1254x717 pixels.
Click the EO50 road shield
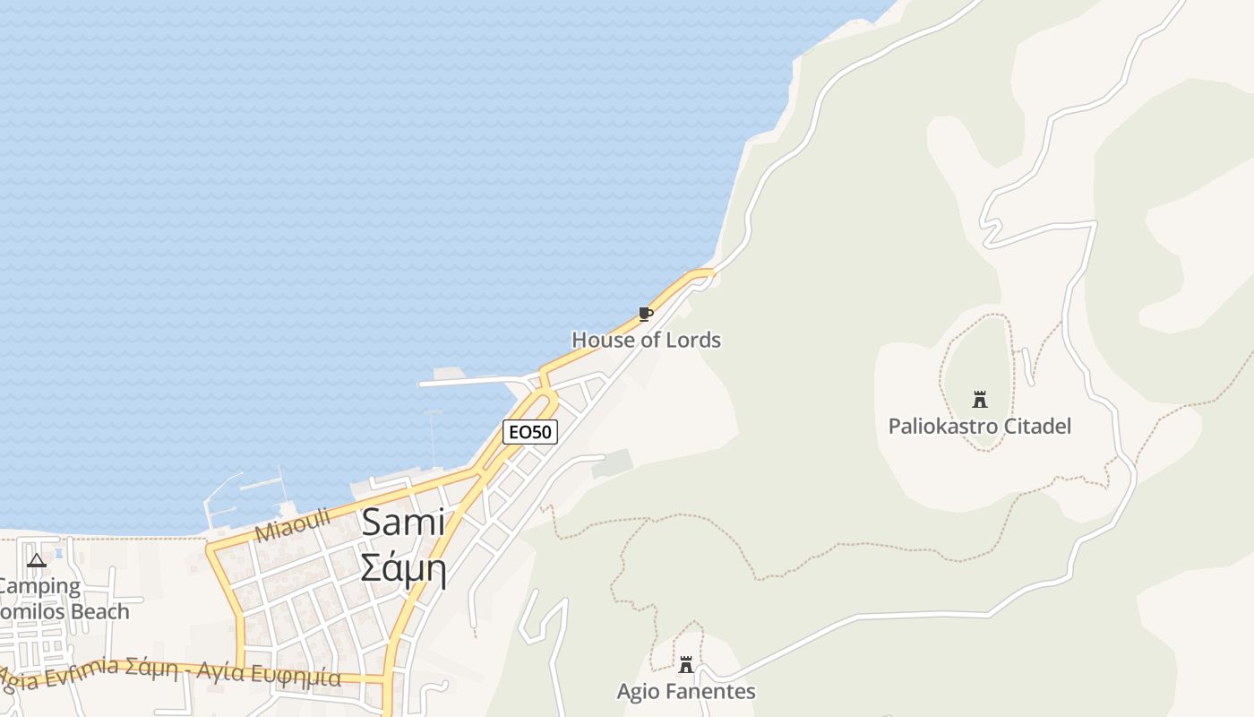530,432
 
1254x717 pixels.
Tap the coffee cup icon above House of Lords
645,314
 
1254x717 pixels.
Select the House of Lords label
646,340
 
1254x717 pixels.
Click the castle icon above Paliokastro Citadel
979,400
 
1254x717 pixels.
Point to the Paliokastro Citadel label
979,426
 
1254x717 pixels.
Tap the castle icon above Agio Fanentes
686,665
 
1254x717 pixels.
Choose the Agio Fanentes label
686,691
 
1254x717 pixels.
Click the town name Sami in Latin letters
403,522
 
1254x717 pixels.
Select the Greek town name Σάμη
403,567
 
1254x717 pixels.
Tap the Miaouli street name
293,525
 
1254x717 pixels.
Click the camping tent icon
37,561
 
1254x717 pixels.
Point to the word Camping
39,587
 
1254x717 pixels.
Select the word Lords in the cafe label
693,340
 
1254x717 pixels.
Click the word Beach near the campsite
99,611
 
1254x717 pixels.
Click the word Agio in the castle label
636,691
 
